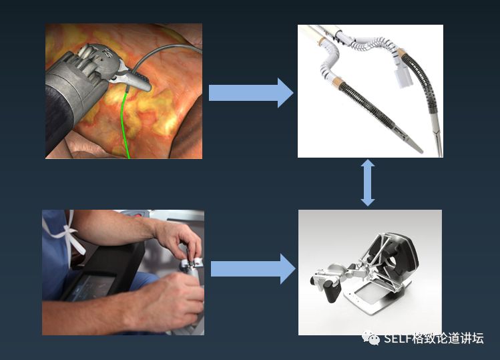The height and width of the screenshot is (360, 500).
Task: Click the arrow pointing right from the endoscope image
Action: click(251, 93)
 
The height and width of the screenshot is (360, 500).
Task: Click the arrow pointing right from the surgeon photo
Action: click(253, 268)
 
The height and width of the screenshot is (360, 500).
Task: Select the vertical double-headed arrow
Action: click(368, 182)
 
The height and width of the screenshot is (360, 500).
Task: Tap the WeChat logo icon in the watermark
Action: click(370, 338)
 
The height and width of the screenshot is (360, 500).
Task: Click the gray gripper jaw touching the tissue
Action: click(135, 80)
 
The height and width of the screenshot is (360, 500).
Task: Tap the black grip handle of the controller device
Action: click(332, 289)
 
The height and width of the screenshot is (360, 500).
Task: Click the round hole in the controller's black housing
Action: click(392, 262)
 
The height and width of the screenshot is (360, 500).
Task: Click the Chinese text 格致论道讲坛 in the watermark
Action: click(448, 339)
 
